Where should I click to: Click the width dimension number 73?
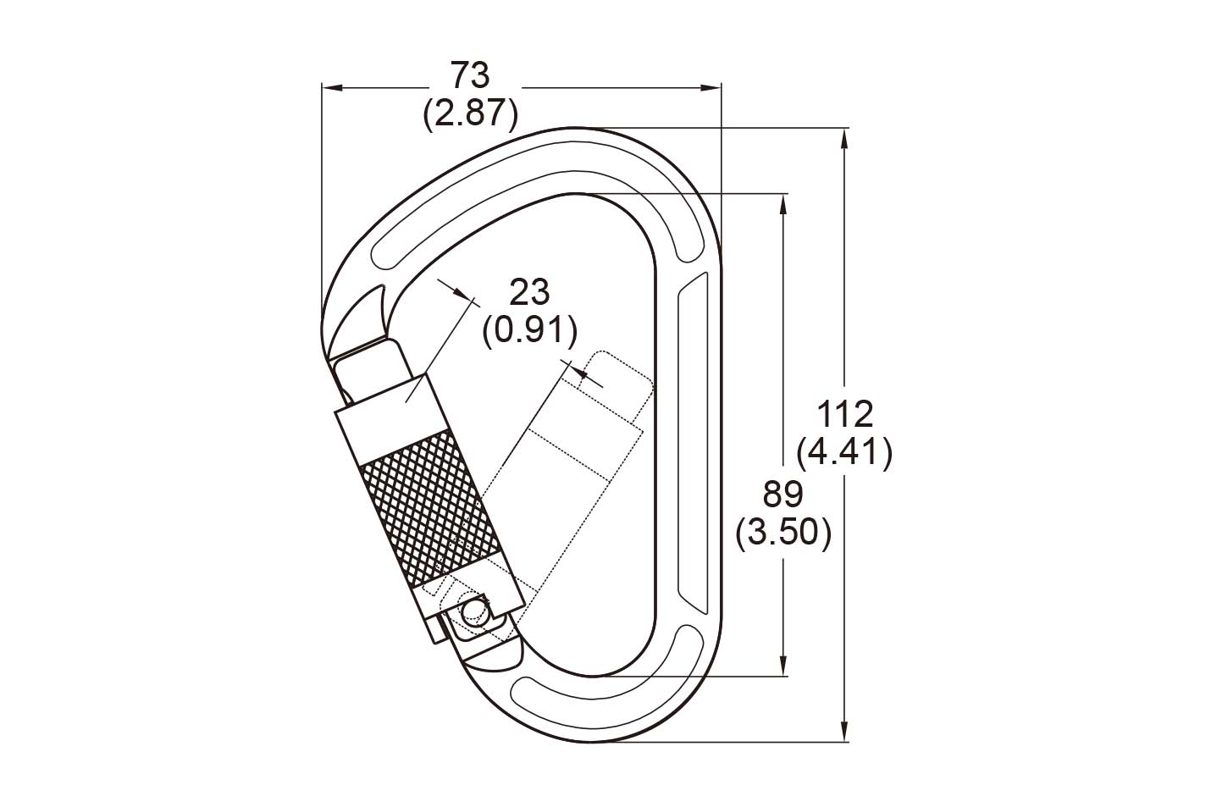(x=470, y=75)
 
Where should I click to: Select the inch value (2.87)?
(x=470, y=113)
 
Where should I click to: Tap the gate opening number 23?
(x=529, y=292)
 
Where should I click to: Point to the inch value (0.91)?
(x=529, y=330)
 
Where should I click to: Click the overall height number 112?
(x=845, y=414)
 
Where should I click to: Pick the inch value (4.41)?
(x=845, y=452)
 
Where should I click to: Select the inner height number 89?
(x=783, y=495)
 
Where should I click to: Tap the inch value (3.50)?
(x=783, y=533)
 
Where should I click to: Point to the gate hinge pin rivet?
(x=474, y=611)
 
